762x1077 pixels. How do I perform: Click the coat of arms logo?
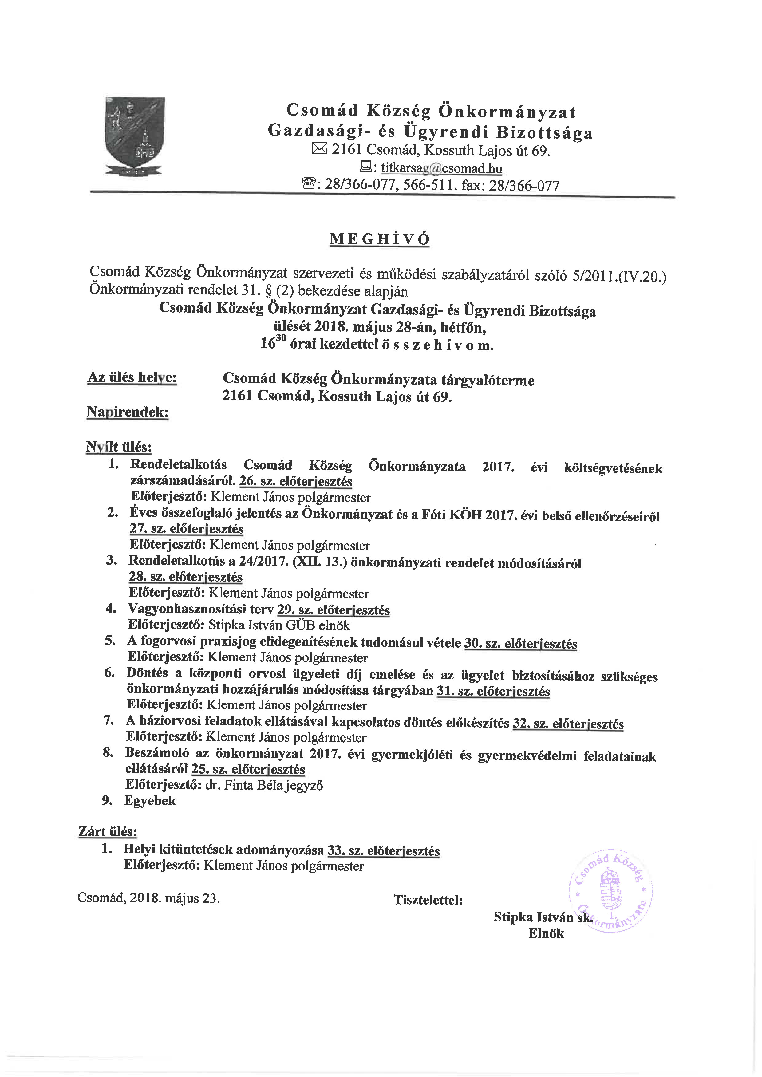pos(135,136)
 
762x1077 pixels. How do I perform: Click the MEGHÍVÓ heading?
pos(380,239)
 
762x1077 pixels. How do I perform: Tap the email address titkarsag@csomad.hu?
pos(441,168)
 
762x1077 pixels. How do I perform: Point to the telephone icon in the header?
pos(308,184)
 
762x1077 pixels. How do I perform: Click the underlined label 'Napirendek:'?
pos(128,412)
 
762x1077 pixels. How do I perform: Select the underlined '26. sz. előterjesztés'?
pos(296,482)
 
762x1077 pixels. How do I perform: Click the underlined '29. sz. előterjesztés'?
pos(334,610)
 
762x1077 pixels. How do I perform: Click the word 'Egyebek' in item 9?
pos(150,801)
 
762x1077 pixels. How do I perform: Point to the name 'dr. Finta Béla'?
pos(244,785)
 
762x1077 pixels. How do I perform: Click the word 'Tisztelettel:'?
pos(428,900)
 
